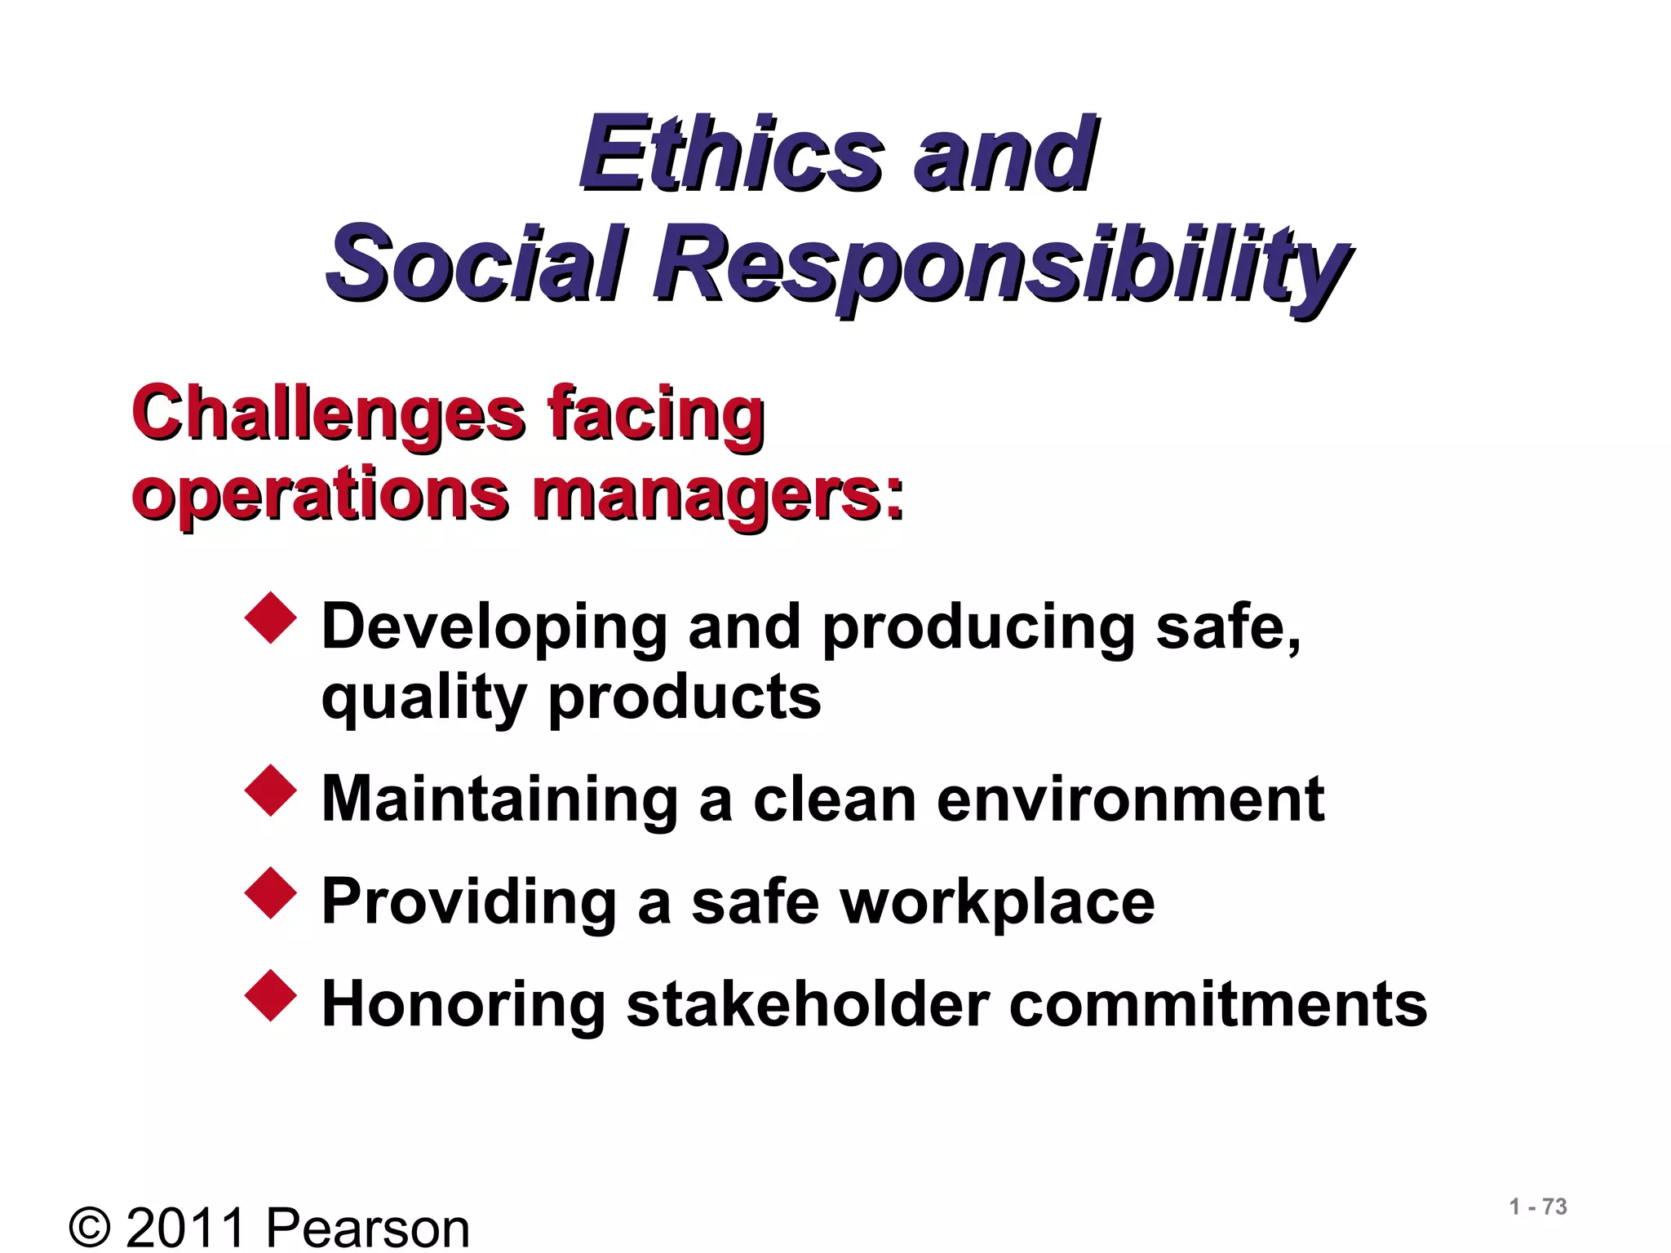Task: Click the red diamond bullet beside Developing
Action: (x=270, y=619)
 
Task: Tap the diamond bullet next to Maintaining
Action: (x=270, y=790)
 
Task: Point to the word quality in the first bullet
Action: (x=424, y=698)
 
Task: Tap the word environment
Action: (x=1130, y=799)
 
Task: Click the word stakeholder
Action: (x=808, y=1004)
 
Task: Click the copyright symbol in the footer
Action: (x=90, y=1227)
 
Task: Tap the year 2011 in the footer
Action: (x=186, y=1227)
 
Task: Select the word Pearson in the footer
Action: (x=367, y=1227)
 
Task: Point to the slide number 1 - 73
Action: (x=1538, y=1207)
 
